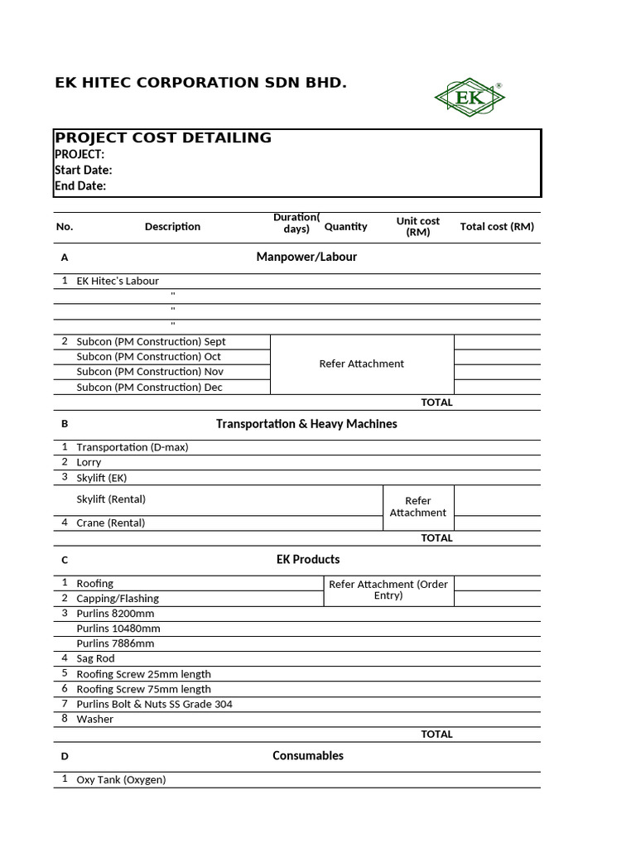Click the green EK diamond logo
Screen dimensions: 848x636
coord(469,98)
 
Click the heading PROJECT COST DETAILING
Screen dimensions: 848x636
coord(163,138)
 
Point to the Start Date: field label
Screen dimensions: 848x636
coord(84,170)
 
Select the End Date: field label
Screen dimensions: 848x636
coord(80,185)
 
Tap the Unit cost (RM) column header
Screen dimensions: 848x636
coord(418,226)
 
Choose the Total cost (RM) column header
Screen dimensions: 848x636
coord(497,226)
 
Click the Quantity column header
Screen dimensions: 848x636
coord(345,226)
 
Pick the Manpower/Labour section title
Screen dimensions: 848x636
coord(306,257)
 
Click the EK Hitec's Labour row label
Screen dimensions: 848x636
coord(118,281)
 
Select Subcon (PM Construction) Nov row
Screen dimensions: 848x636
coord(150,372)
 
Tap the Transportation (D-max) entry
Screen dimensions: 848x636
coord(132,447)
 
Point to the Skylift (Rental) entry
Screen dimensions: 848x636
coord(111,499)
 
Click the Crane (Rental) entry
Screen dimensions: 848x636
coord(111,523)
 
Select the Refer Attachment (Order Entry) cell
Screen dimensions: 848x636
coord(388,590)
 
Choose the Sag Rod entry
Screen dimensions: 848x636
coord(95,658)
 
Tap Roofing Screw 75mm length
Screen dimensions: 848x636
coord(143,689)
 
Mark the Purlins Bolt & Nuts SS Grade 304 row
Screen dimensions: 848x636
coord(154,704)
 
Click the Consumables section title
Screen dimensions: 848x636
coord(308,755)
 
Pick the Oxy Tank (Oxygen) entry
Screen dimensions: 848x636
coord(121,779)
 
